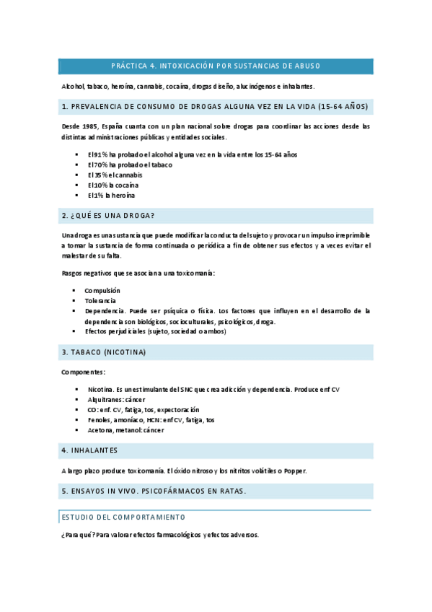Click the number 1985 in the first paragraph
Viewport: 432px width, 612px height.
tap(90, 126)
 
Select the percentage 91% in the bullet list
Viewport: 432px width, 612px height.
tap(99, 154)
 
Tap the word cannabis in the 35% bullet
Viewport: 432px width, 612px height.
tap(128, 175)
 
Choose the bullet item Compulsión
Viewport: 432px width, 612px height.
tap(103, 290)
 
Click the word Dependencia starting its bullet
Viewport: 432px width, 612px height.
tap(105, 310)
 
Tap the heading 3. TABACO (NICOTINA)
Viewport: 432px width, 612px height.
tap(105, 352)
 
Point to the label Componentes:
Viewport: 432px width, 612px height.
tap(83, 372)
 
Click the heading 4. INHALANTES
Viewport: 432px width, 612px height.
tap(90, 450)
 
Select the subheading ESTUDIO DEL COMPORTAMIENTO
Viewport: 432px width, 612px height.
tap(123, 517)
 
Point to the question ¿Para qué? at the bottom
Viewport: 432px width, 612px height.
tap(77, 535)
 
